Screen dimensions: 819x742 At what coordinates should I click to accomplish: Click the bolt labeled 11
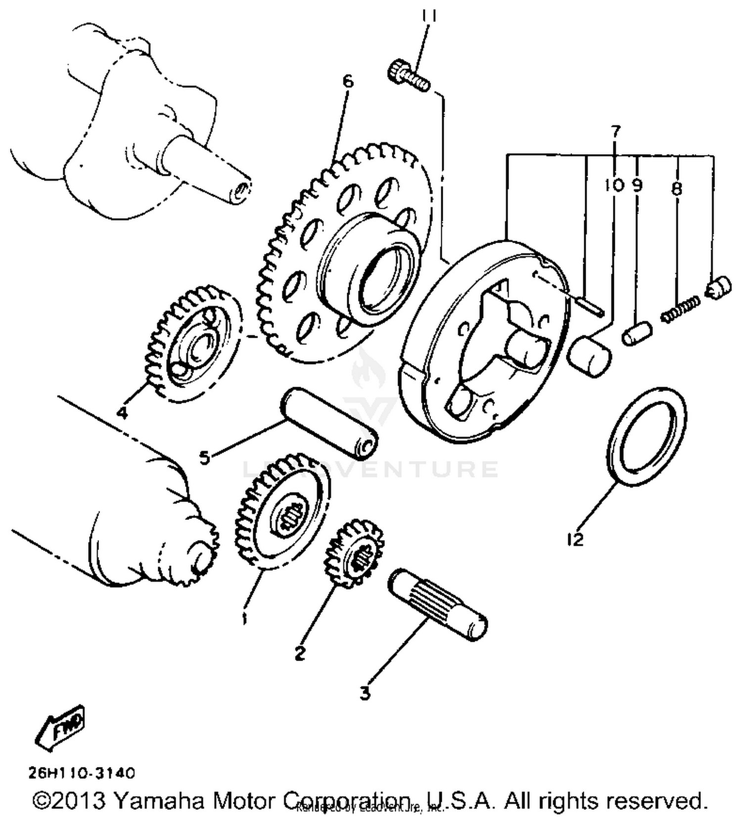[x=409, y=78]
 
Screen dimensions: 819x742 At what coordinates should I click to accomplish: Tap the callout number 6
[x=348, y=81]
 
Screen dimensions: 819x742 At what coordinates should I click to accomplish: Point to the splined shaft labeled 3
[x=438, y=606]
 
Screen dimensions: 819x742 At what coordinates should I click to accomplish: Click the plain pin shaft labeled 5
[x=329, y=422]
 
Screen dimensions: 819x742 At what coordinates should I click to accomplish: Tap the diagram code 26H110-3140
[x=81, y=772]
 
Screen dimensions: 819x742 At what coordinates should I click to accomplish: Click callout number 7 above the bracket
[x=615, y=132]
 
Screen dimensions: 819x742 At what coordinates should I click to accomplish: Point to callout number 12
[x=575, y=539]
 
